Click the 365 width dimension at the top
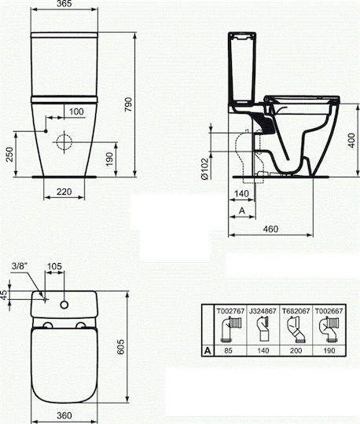pos(64,3)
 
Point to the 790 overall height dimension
pos(128,104)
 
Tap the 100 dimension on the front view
pos(76,111)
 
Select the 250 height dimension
pos(9,154)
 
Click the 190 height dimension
pos(109,159)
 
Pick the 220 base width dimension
pos(64,192)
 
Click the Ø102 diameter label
pos(205,169)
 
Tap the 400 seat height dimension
pos(351,140)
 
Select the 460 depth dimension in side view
pos(270,228)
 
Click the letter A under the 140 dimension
pos(242,210)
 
